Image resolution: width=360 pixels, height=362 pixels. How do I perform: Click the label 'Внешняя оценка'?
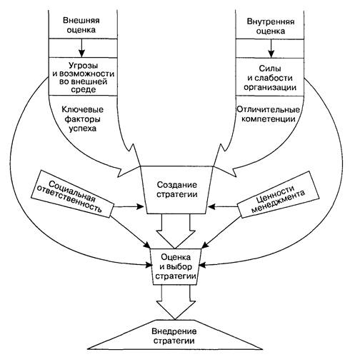(81, 25)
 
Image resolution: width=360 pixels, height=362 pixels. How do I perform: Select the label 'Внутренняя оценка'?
(271, 26)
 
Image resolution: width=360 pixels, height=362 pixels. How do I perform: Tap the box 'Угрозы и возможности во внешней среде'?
(83, 76)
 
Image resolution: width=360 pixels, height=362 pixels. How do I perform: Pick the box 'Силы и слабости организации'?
(270, 77)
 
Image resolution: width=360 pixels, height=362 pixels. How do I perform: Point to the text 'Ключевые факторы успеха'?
(83, 119)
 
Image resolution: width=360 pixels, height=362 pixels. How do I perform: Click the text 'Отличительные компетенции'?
(269, 114)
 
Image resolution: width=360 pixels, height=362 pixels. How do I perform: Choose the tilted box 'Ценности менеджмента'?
(279, 194)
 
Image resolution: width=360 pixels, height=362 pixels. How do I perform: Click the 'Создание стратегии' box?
(177, 190)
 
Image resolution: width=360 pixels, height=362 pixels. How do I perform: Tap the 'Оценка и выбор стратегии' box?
(176, 266)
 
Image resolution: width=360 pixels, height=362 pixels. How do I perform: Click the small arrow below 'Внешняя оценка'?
(82, 48)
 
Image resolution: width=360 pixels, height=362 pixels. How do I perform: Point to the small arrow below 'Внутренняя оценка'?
(271, 48)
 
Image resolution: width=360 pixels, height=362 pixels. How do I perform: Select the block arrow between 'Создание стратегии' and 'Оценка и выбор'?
(176, 231)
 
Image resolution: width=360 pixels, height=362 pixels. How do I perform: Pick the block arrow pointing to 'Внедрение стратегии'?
(176, 302)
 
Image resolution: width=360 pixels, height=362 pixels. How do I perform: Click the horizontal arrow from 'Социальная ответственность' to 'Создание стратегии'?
(129, 206)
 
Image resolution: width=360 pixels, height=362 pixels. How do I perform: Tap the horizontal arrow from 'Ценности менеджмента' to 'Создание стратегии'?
(224, 206)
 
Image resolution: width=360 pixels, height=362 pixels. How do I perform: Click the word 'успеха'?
(83, 129)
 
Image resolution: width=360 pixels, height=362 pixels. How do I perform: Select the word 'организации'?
(270, 87)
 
